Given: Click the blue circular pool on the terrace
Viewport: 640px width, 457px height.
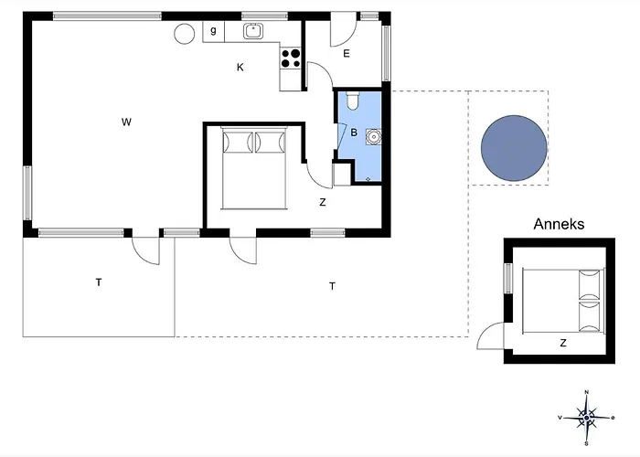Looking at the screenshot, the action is pyautogui.click(x=514, y=148).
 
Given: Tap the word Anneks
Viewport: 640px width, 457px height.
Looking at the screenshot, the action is pyautogui.click(x=559, y=224).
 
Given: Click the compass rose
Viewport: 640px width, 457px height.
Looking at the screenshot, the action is pyautogui.click(x=586, y=418).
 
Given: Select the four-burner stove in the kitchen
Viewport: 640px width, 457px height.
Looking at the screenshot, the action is pyautogui.click(x=291, y=58).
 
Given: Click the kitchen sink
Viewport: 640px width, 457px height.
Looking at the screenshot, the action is pyautogui.click(x=253, y=31).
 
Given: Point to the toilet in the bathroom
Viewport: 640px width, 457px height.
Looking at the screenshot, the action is pyautogui.click(x=352, y=101).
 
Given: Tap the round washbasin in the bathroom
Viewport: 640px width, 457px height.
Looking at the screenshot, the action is pyautogui.click(x=373, y=137).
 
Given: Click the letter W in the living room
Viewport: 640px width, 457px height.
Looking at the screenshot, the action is pyautogui.click(x=126, y=122).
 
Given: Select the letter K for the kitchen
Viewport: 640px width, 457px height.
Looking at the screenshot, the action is pyautogui.click(x=240, y=68).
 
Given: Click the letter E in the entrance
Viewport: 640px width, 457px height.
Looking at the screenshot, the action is pyautogui.click(x=347, y=53).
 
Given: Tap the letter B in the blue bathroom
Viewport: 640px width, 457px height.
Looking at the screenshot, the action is pyautogui.click(x=354, y=133).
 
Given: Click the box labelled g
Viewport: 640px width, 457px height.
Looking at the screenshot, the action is pyautogui.click(x=213, y=32).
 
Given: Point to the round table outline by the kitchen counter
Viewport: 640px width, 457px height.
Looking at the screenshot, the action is pyautogui.click(x=185, y=34).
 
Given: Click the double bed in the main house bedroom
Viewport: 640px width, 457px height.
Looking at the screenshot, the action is pyautogui.click(x=254, y=168).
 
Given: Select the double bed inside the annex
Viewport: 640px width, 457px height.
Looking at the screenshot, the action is pyautogui.click(x=563, y=301).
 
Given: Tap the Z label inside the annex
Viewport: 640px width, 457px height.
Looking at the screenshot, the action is pyautogui.click(x=563, y=343).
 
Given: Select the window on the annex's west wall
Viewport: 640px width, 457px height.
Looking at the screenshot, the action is pyautogui.click(x=507, y=278).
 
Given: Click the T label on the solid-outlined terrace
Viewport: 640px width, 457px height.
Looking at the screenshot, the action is pyautogui.click(x=99, y=282).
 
